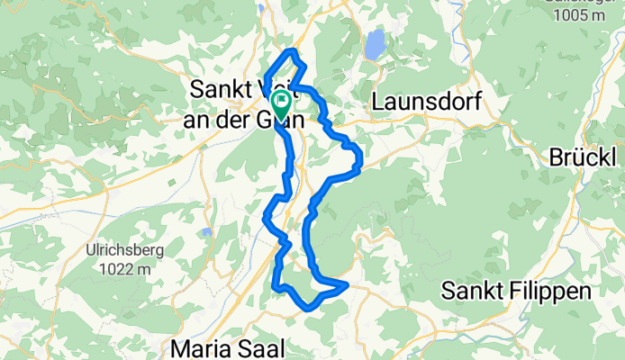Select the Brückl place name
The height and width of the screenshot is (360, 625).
(585, 157)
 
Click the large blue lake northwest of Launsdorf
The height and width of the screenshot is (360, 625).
(375, 42)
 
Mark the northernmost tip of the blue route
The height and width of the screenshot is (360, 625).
(293, 49)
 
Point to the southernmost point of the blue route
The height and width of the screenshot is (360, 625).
(310, 308)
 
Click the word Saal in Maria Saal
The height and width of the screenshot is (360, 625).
(260, 346)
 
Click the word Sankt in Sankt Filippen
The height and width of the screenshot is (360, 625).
(473, 292)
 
